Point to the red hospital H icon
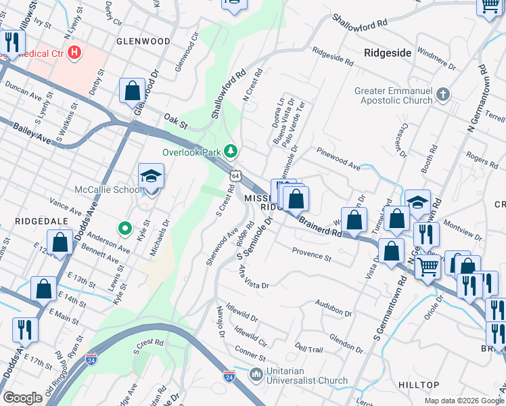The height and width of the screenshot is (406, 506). pos(74,51)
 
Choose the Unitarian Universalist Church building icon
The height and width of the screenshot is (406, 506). pos(256,374)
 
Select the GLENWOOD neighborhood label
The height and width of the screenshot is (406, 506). pos(143,41)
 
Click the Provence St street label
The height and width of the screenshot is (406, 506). pos(311,254)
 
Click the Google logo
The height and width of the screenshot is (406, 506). pos(22,398)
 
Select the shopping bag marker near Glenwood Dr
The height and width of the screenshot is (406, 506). pos(133,91)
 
